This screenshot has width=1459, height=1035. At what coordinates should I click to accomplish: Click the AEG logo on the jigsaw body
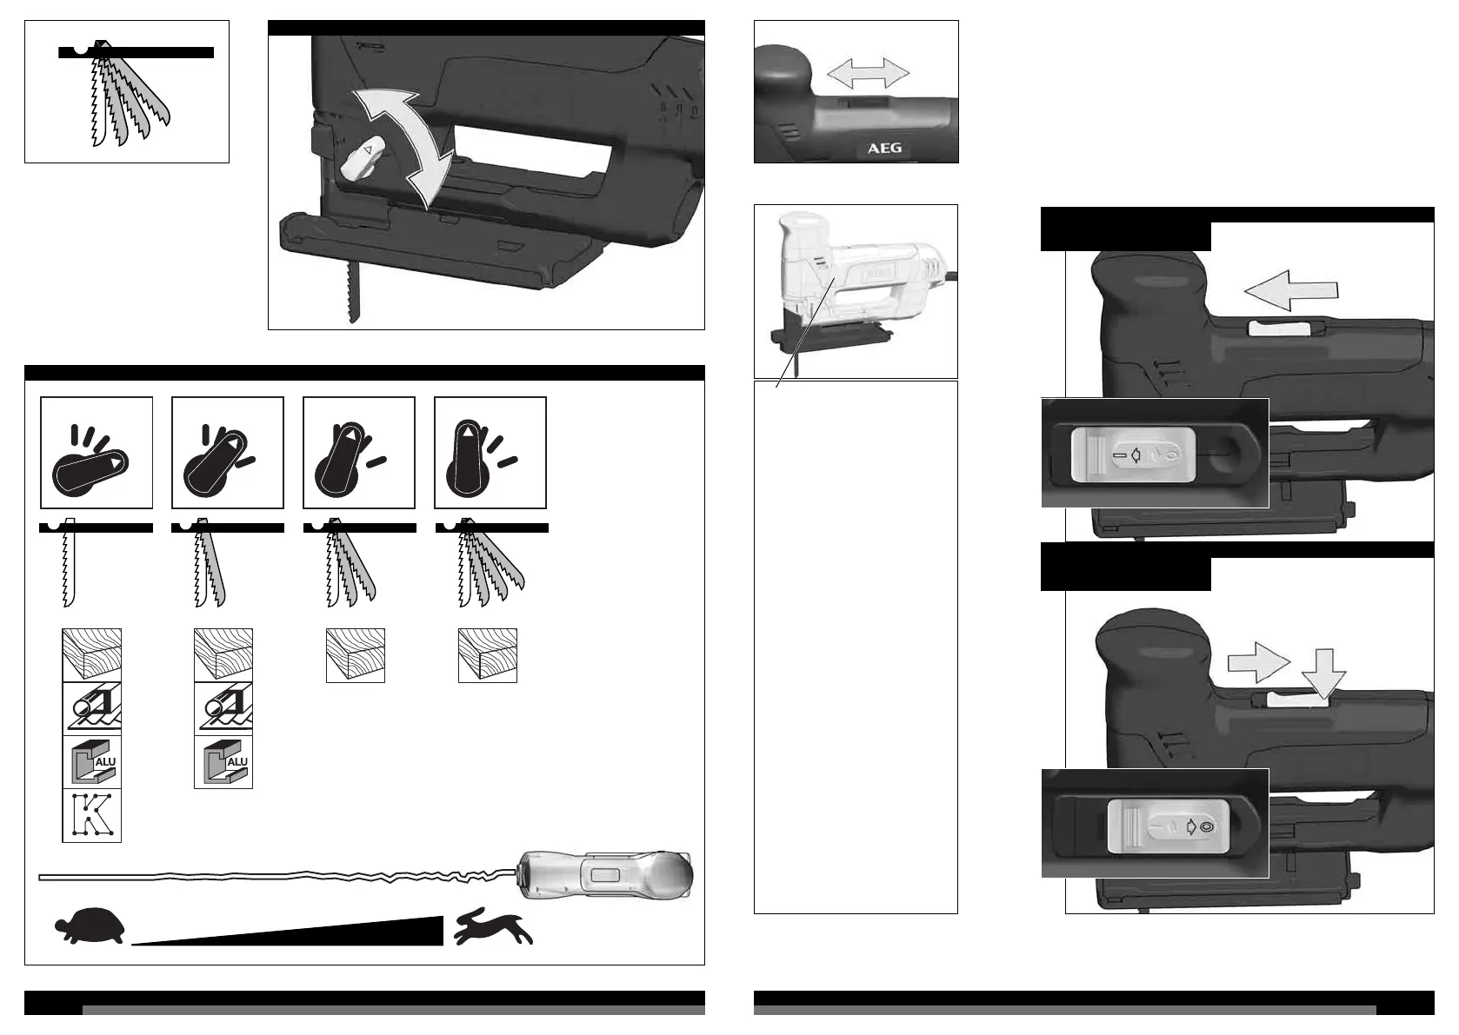pos(884,148)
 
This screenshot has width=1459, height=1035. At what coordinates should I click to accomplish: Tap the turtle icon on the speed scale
pos(90,926)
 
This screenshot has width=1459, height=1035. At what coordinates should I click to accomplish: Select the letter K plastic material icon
pos(91,815)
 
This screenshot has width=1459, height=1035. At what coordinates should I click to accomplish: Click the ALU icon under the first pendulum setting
pos(91,762)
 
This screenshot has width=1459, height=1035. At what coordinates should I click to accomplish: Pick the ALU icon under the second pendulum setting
pos(223,762)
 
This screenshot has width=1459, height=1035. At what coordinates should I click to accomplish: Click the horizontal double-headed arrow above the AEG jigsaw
pos(868,73)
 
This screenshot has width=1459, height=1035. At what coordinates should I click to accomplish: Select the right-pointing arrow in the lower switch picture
pos(1257,662)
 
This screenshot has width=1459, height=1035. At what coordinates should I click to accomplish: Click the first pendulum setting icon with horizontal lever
pos(97,453)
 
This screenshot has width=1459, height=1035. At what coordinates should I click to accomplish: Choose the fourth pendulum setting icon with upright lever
pos(490,453)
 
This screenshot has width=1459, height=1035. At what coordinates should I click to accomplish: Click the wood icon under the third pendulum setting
pos(355,655)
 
